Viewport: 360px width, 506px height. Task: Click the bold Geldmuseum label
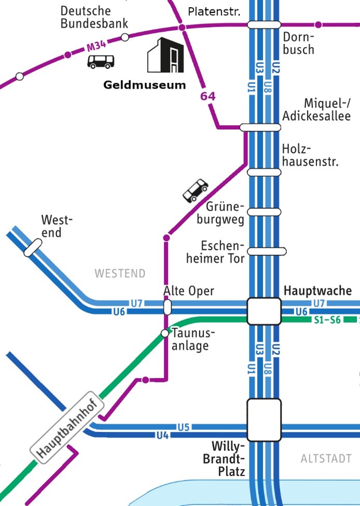(x=144, y=85)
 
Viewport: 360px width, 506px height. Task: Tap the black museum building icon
(x=165, y=55)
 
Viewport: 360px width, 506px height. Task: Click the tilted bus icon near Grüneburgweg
(x=196, y=190)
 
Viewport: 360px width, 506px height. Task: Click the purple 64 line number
(x=207, y=96)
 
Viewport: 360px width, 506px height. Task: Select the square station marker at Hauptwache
(x=264, y=311)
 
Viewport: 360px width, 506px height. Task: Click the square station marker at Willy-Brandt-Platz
(x=264, y=418)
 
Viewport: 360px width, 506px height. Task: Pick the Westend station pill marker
(x=33, y=248)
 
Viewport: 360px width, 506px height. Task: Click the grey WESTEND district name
(x=120, y=273)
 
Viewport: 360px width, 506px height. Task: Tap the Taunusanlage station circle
(x=165, y=333)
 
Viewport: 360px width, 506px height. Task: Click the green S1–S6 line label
(x=327, y=320)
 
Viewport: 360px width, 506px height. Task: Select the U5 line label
(x=184, y=427)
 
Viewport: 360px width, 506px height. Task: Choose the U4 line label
(x=162, y=435)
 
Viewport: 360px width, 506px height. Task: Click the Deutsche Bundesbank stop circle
(x=124, y=37)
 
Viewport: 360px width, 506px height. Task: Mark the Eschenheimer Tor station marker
(x=267, y=251)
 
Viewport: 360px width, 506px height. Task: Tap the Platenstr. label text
(x=214, y=11)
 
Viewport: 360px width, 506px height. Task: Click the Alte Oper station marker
(x=167, y=307)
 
